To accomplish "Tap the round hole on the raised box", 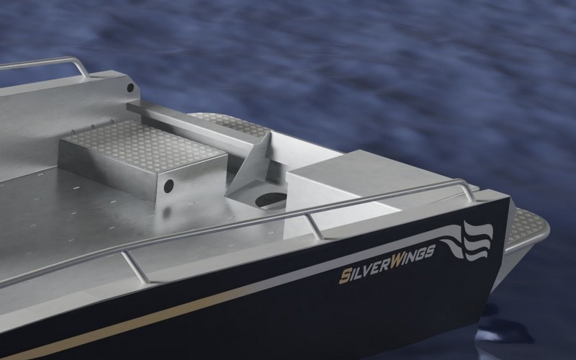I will (168, 186).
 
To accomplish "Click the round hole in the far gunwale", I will (130, 87).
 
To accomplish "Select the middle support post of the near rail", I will (315, 226).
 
